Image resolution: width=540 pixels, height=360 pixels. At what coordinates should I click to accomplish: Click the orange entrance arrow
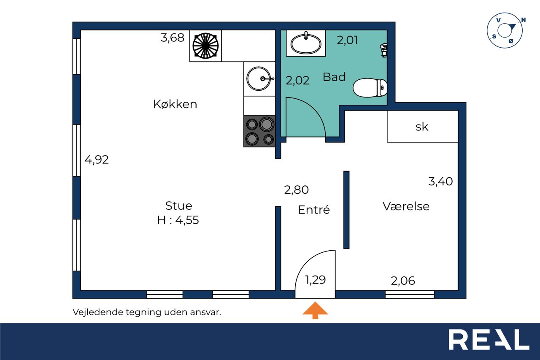click(x=315, y=310)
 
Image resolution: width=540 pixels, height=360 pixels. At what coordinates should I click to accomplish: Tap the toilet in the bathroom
click(x=370, y=88)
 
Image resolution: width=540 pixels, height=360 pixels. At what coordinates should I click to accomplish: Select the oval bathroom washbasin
click(x=306, y=43)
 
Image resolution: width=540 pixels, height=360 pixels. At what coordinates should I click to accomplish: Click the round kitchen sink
click(x=259, y=78)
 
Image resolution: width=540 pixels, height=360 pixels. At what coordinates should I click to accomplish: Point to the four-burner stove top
click(x=259, y=131)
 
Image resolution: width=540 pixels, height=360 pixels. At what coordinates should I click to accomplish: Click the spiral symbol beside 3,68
click(x=205, y=46)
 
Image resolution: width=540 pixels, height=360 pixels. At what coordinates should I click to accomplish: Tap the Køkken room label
click(x=175, y=104)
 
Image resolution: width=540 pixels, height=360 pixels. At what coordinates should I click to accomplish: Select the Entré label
click(x=313, y=209)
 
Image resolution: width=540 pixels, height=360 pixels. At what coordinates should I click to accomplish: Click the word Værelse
click(x=406, y=206)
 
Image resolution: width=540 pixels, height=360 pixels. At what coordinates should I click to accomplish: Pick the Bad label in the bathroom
click(x=334, y=77)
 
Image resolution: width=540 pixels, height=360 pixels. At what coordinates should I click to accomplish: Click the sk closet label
click(x=422, y=127)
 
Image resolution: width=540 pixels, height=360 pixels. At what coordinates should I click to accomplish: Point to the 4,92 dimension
click(x=97, y=160)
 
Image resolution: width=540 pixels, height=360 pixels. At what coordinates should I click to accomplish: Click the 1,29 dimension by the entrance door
click(x=315, y=280)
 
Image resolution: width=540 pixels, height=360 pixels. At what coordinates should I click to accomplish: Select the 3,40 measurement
click(x=440, y=181)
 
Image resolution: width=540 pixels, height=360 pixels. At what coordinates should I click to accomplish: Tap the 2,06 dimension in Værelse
click(x=403, y=281)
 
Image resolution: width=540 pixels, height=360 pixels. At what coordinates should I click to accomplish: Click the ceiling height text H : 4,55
click(x=178, y=220)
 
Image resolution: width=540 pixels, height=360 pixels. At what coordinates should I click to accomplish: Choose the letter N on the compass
click(x=524, y=20)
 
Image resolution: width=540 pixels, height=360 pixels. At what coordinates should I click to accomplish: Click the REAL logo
click(x=489, y=339)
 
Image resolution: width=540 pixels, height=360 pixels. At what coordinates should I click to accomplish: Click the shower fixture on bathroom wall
click(x=384, y=50)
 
